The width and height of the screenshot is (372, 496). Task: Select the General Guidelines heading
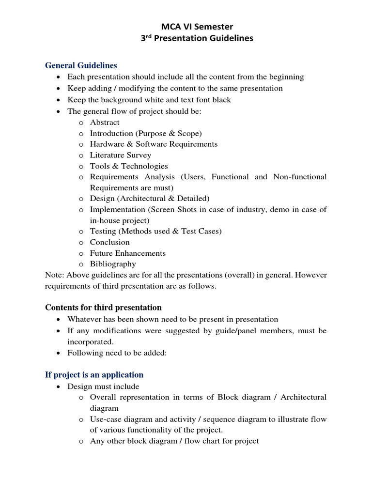click(x=81, y=65)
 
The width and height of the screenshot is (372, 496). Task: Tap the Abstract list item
click(x=105, y=123)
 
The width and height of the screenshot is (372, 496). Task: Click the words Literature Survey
click(x=121, y=155)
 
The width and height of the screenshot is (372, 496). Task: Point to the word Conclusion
click(x=110, y=242)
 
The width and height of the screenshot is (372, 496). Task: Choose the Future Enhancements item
click(x=128, y=253)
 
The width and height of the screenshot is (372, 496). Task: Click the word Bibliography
click(x=113, y=264)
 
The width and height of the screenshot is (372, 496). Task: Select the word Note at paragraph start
click(x=54, y=275)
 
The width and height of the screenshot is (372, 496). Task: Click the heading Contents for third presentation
click(x=103, y=308)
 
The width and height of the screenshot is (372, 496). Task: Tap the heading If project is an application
click(x=94, y=375)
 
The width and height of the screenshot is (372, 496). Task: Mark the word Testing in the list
click(x=103, y=232)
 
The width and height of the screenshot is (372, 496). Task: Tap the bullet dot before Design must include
click(x=59, y=387)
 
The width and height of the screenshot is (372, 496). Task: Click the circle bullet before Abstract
click(x=81, y=123)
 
